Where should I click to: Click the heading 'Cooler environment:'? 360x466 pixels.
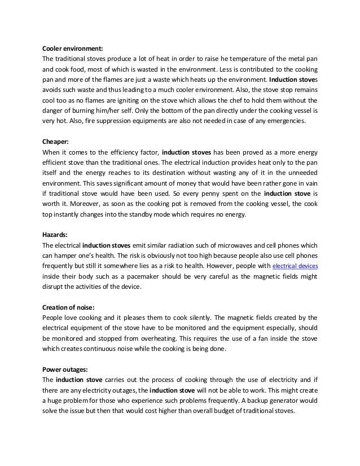(73, 47)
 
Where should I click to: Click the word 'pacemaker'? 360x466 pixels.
(143, 276)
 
